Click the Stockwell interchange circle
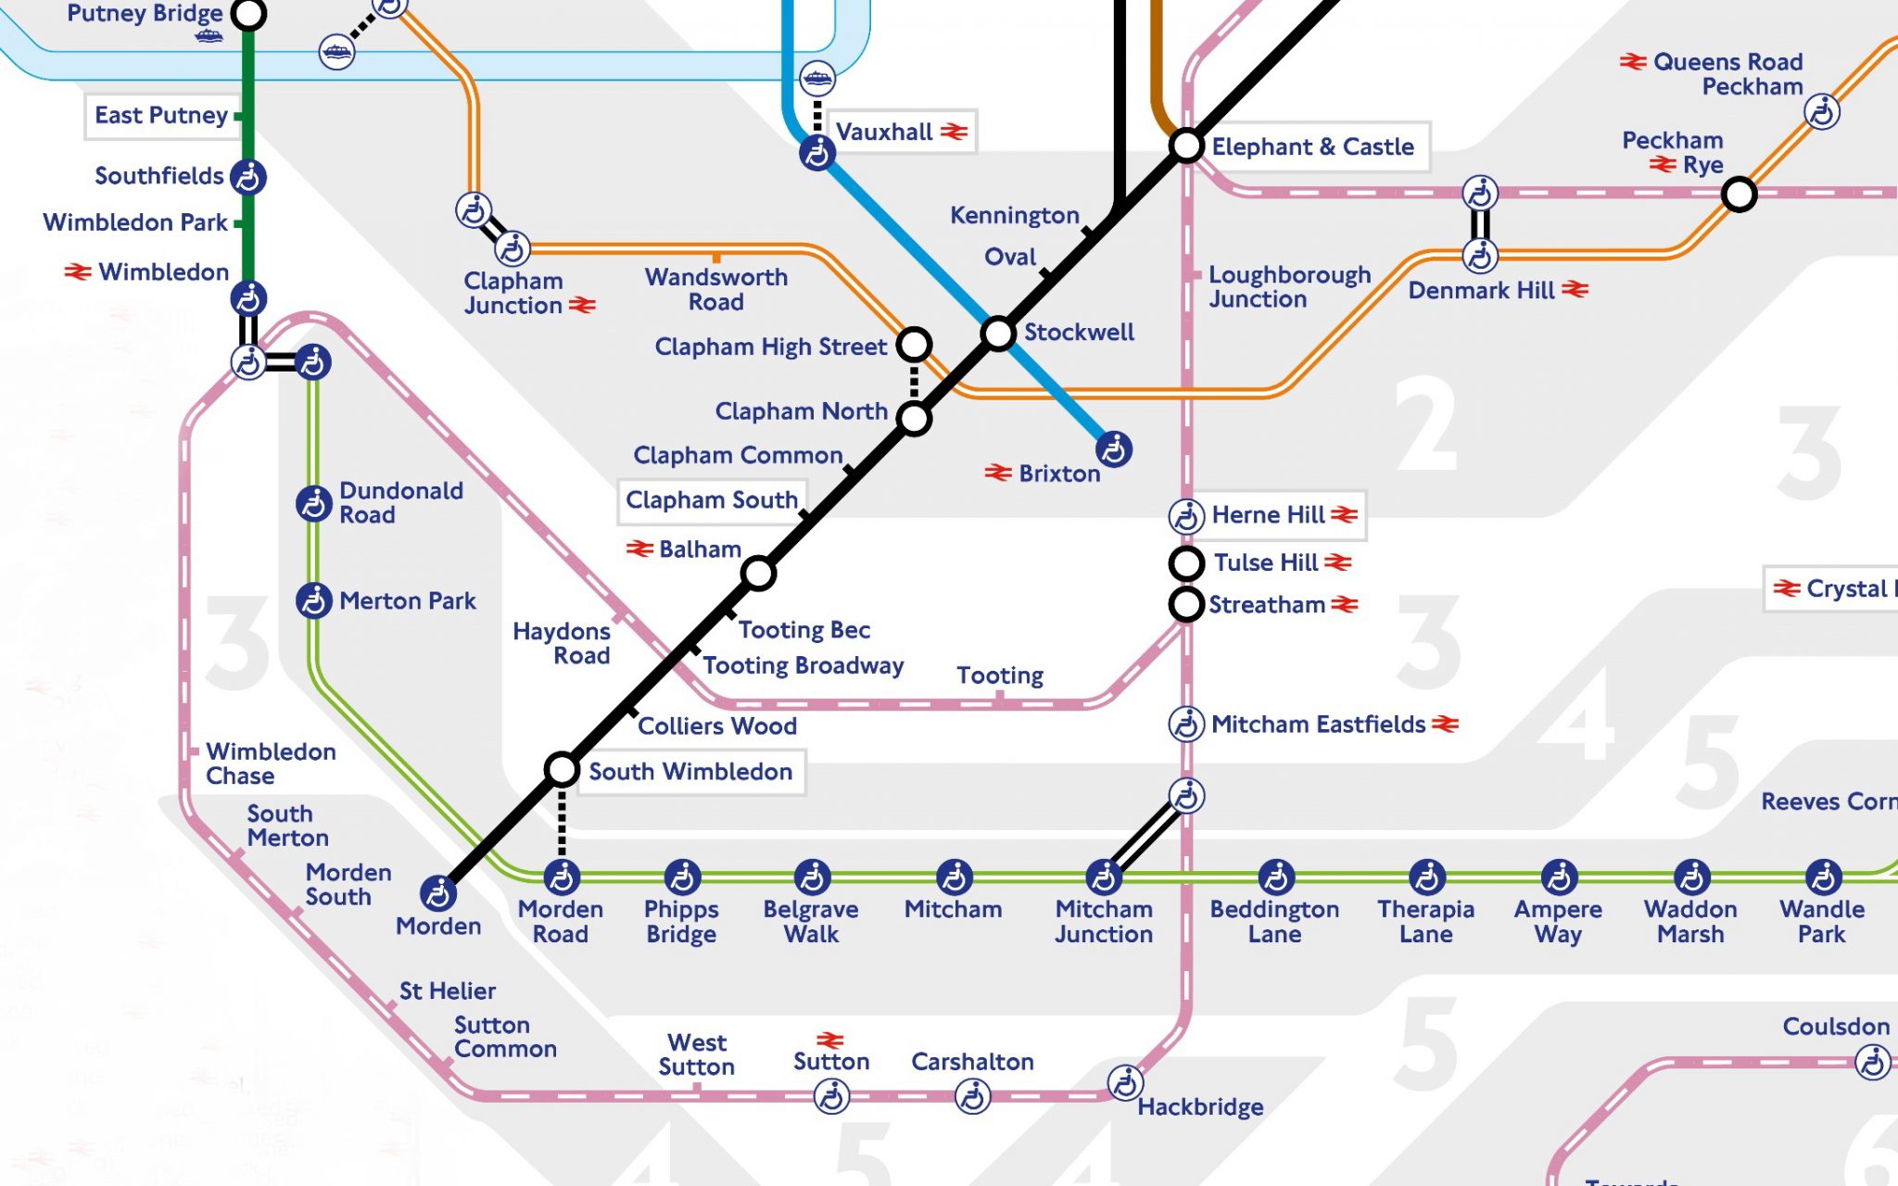[x=998, y=333]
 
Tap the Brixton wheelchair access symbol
[x=1113, y=449]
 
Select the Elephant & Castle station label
[x=1312, y=146]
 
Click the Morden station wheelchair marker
[x=437, y=893]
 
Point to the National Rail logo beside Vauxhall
[x=954, y=132]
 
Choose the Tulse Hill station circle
[x=1186, y=562]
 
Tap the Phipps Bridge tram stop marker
[x=682, y=877]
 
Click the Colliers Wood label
[x=716, y=725]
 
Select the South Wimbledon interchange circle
[x=562, y=769]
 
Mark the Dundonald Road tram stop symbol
[x=313, y=503]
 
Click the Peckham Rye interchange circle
[x=1739, y=195]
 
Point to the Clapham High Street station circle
[x=914, y=344]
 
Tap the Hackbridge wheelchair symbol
[x=1125, y=1082]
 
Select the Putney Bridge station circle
[x=248, y=14]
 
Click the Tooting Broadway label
[x=803, y=665]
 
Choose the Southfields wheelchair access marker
[x=248, y=176]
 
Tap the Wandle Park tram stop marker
[x=1823, y=877]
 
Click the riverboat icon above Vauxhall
[x=816, y=79]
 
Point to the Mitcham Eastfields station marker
[x=1186, y=724]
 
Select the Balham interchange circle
[x=758, y=574]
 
